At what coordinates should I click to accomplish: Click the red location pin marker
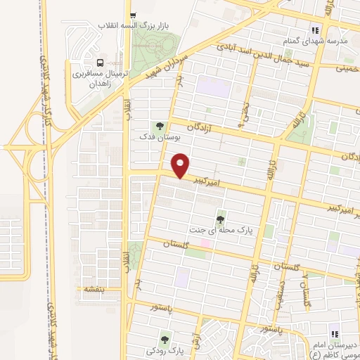(181, 165)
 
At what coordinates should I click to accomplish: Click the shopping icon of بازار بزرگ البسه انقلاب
(131, 15)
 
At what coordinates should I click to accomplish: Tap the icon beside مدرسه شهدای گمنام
(316, 30)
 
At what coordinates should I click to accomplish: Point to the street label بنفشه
(93, 288)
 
